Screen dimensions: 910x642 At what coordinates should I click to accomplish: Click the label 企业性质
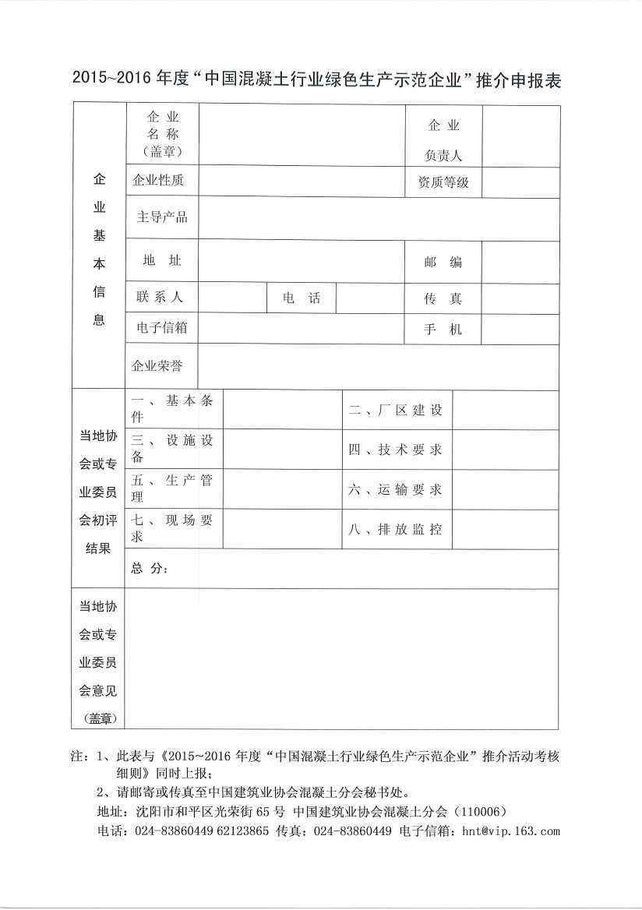158,181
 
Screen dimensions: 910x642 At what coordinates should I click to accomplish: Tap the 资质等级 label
443,182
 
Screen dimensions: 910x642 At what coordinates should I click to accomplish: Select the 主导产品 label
162,217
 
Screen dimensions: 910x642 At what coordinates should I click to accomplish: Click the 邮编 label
443,262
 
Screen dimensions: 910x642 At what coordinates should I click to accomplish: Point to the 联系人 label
160,297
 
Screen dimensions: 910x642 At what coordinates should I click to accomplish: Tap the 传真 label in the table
443,298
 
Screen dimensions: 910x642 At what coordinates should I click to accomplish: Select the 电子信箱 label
161,328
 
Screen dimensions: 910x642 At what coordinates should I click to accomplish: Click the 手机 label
443,330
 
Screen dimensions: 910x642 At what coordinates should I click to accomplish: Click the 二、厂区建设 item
395,411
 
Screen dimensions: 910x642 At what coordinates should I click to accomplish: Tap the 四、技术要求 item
395,450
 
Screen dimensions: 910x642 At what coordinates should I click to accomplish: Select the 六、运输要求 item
395,489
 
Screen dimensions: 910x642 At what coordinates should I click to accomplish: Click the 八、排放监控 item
395,529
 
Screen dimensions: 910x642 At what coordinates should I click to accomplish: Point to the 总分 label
149,569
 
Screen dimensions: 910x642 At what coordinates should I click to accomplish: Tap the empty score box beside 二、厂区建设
505,411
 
